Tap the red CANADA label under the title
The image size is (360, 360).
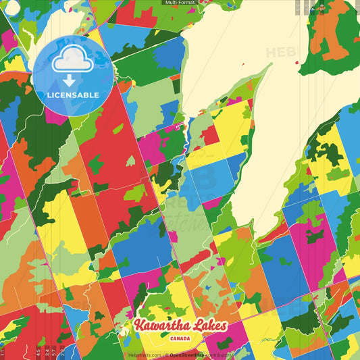(x=180, y=339)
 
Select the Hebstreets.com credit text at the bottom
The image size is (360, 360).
(x=145, y=354)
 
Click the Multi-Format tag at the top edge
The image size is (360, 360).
(x=180, y=3)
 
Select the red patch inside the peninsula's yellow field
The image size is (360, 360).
(x=211, y=136)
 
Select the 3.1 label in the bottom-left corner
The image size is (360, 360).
(x=3, y=351)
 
